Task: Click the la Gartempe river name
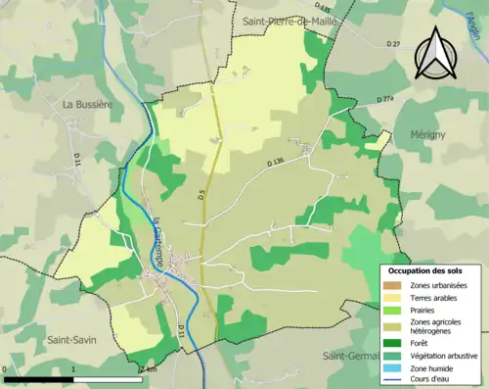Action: (x=157, y=234)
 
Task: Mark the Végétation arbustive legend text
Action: (x=443, y=355)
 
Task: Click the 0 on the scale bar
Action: (x=6, y=369)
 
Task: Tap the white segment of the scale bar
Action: (x=108, y=379)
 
